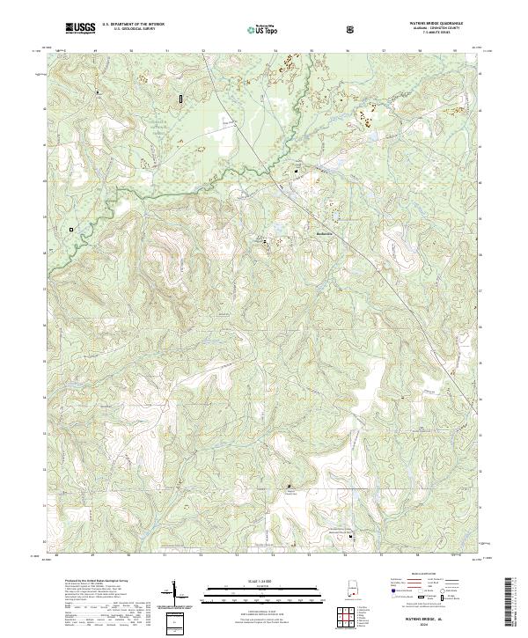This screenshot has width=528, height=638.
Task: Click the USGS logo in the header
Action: click(80, 28)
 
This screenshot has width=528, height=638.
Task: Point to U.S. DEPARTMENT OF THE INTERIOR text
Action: click(133, 25)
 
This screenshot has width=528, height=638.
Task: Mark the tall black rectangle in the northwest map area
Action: click(181, 99)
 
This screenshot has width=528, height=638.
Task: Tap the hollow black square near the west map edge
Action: click(71, 230)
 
